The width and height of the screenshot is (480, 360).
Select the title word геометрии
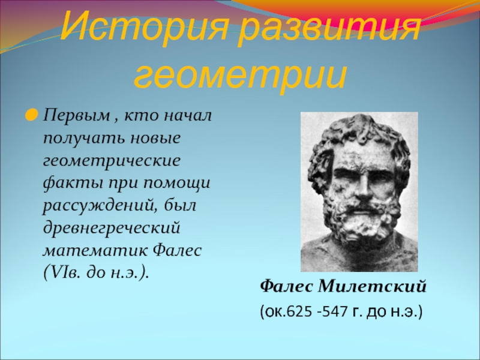click(241, 75)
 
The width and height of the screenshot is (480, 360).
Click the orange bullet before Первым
click(31, 116)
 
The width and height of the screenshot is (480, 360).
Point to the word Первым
click(77, 116)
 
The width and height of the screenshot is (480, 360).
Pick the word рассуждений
click(101, 206)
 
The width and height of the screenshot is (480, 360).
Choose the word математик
click(95, 251)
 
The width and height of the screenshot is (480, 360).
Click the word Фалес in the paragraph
click(177, 251)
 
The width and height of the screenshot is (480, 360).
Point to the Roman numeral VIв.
click(67, 273)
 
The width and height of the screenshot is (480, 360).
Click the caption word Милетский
click(372, 287)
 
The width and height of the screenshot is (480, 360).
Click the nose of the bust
click(364, 188)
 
